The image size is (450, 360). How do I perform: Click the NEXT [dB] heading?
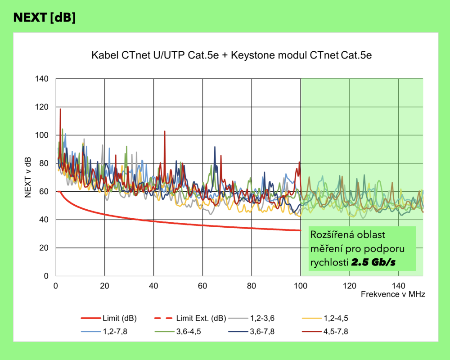pyautogui.click(x=45, y=18)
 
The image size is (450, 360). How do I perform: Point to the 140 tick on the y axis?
pyautogui.click(x=43, y=79)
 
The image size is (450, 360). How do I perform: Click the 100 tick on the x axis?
pyautogui.click(x=301, y=285)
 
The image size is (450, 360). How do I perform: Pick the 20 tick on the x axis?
pyautogui.click(x=104, y=285)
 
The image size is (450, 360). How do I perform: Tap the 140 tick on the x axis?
pyautogui.click(x=399, y=285)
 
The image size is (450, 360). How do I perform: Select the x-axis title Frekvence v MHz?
pyautogui.click(x=392, y=294)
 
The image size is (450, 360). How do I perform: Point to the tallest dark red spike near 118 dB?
pyautogui.click(x=60, y=109)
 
